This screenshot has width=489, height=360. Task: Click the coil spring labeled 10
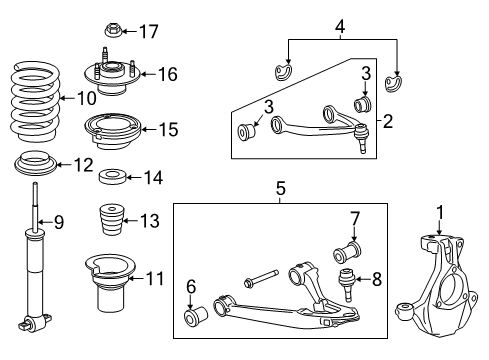34,100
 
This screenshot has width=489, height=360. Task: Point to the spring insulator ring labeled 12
33,163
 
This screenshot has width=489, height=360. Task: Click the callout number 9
58,222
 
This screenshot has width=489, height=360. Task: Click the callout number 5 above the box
281,186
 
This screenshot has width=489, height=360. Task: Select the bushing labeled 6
195,317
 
